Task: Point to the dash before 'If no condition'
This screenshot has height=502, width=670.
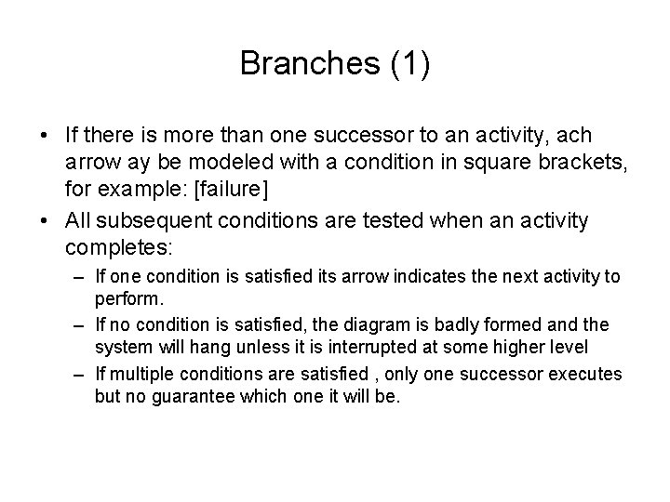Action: click(75, 324)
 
